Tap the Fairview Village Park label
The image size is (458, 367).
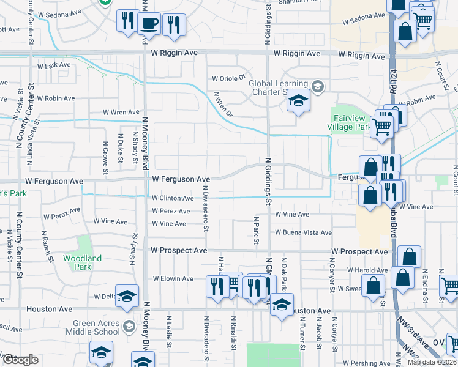pos(351,122)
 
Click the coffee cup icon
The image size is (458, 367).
pos(150,23)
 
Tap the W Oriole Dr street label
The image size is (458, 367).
pos(228,78)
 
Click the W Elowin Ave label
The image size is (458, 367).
pos(173,278)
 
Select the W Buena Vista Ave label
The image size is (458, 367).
pos(303,232)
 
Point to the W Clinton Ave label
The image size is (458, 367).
pos(173,198)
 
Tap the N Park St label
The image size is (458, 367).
pos(256,230)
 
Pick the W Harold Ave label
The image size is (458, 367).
pos(367,270)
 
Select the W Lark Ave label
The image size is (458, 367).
pos(55,66)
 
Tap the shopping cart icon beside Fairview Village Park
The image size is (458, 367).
pos(382,127)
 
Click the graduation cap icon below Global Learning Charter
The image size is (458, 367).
pos(298,101)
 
